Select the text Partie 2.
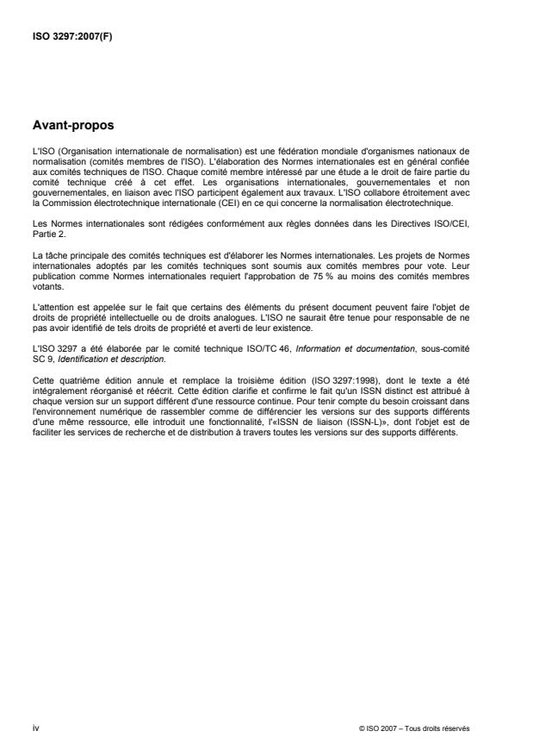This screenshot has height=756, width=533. point(46,230)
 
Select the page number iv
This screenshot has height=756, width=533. point(34,728)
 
